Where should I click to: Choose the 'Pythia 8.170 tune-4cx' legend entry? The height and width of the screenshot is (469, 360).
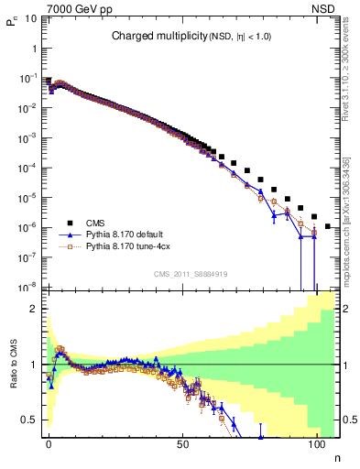point(129,246)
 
